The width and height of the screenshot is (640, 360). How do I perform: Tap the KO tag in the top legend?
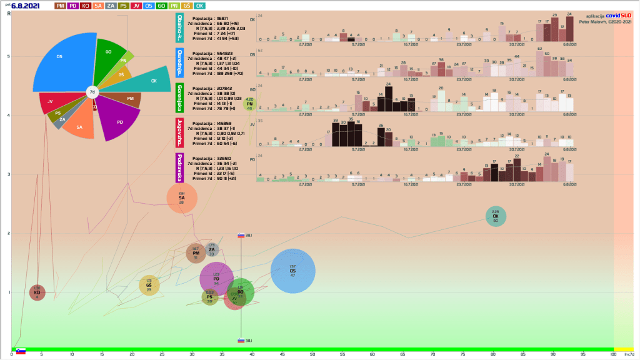pos(86,6)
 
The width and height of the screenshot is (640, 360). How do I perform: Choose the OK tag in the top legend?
pos(200,6)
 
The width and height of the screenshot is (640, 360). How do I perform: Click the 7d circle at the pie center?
pos(92,92)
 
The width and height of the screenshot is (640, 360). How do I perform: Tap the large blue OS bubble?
pos(292,271)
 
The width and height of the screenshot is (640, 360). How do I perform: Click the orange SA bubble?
pos(182,198)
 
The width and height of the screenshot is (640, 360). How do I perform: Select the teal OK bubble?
pos(496,216)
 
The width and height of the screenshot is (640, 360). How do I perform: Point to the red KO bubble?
pos(37,292)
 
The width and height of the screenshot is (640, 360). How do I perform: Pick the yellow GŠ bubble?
pos(149,286)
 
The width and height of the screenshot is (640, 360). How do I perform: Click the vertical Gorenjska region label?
pos(179,97)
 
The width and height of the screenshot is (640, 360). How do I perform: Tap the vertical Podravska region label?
pos(179,167)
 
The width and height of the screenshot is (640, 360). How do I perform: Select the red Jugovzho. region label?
pos(179,132)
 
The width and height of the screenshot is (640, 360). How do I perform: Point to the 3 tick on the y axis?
pos(8,174)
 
